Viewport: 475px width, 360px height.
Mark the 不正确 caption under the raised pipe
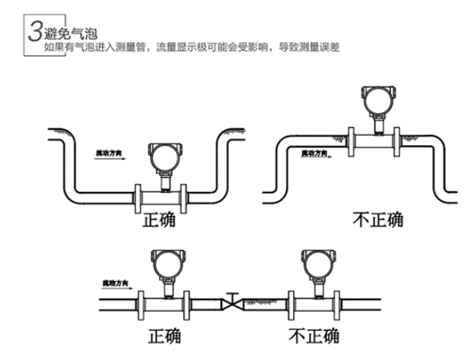coord(377,219)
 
